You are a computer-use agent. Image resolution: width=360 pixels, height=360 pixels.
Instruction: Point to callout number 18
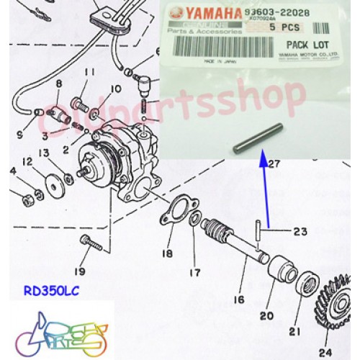167,253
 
